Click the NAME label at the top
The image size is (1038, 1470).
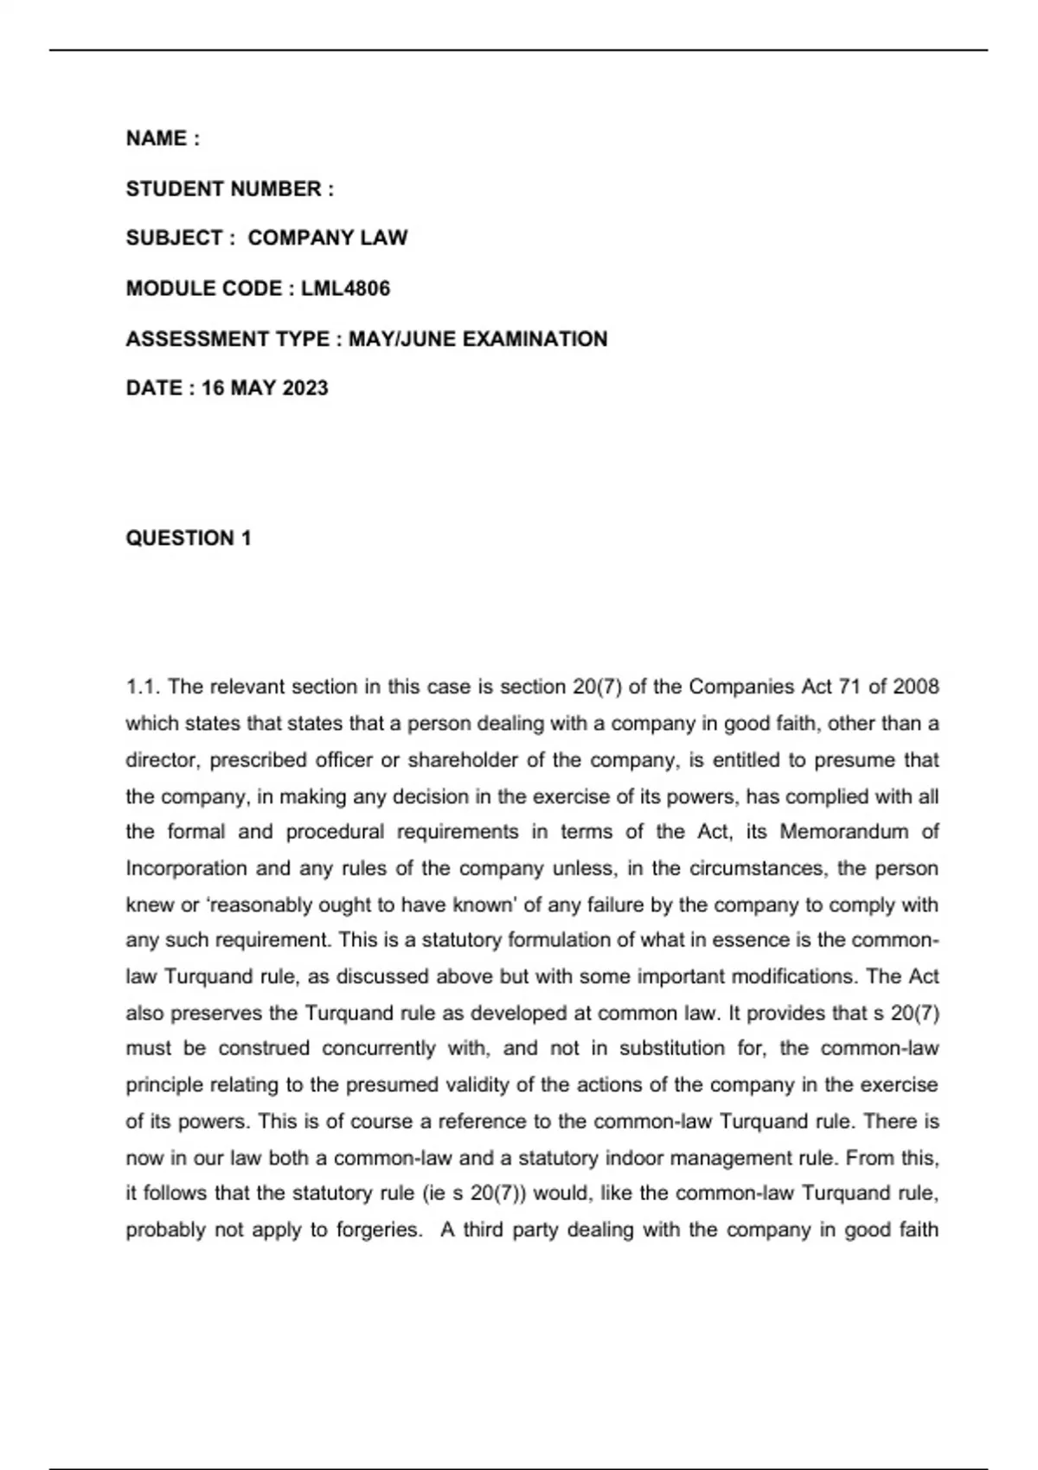point(157,139)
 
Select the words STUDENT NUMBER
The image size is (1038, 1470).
point(223,189)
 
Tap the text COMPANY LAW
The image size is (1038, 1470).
point(327,239)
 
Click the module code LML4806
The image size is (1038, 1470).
point(345,289)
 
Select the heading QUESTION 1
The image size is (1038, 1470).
point(189,539)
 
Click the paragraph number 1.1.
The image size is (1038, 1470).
point(144,687)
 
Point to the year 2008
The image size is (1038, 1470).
point(915,687)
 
